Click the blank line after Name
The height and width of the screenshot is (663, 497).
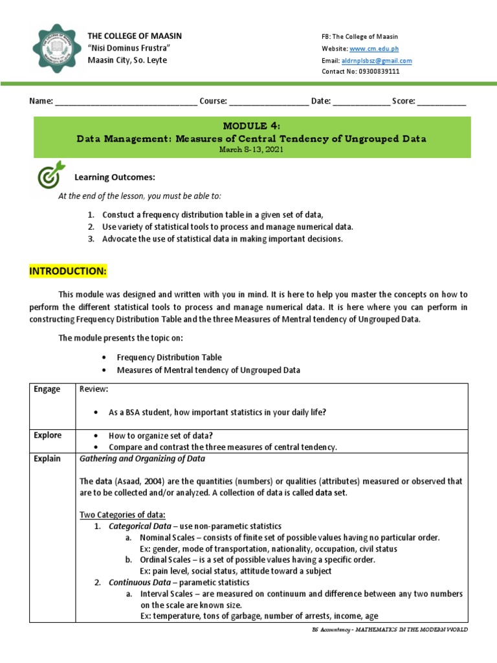point(126,102)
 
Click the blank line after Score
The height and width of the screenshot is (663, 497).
point(441,102)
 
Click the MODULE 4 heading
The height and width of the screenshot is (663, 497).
point(252,126)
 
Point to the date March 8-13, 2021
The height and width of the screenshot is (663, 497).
point(252,149)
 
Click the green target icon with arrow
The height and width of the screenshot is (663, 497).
point(52,174)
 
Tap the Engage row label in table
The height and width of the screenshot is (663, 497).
point(47,389)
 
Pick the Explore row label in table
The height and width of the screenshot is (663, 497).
point(48,436)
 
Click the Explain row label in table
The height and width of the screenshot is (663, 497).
point(47,459)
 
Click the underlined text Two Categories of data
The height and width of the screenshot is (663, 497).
point(122,515)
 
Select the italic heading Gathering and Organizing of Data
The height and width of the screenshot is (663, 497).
point(142,459)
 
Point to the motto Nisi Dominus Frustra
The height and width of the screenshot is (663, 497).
point(129,49)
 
